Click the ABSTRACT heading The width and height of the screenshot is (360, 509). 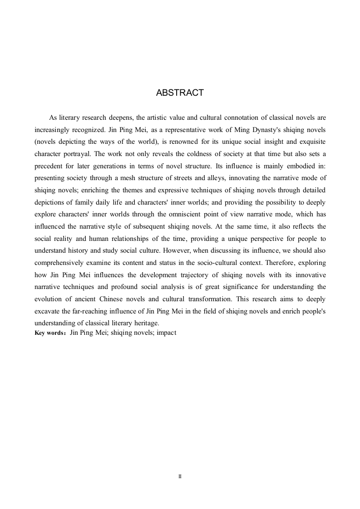click(180, 93)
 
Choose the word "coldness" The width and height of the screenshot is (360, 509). click(197, 153)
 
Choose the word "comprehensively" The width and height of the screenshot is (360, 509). click(59, 262)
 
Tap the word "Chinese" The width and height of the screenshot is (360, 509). click(112, 299)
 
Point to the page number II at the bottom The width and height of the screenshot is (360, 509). click(180, 477)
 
